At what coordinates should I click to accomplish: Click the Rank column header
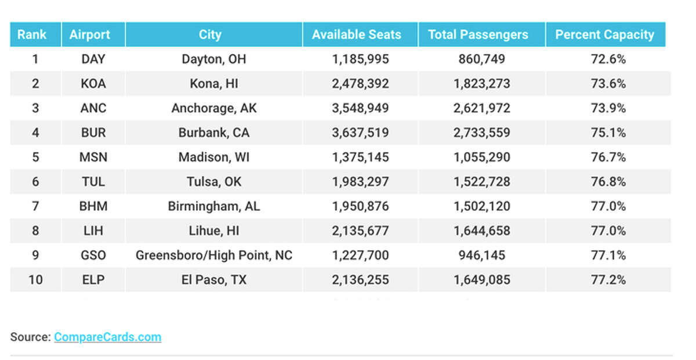[x=32, y=35]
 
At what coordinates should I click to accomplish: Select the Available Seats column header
[x=356, y=35]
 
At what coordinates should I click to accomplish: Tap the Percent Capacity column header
[x=604, y=35]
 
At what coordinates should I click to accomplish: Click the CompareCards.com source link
[x=107, y=337]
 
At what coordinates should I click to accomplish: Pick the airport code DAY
[x=93, y=59]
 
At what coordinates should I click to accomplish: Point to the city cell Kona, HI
[x=213, y=83]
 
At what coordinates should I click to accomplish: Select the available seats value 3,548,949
[x=360, y=108]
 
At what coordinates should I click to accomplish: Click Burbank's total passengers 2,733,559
[x=481, y=133]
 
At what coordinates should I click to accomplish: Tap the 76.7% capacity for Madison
[x=608, y=157]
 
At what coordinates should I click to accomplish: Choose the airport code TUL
[x=93, y=182]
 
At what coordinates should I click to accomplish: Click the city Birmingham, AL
[x=213, y=206]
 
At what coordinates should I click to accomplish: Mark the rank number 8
[x=35, y=231]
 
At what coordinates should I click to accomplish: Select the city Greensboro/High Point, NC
[x=213, y=255]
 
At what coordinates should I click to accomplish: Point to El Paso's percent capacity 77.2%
[x=608, y=280]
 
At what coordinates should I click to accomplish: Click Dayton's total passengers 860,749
[x=481, y=59]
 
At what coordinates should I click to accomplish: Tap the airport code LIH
[x=93, y=231]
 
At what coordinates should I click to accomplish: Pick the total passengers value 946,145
[x=481, y=255]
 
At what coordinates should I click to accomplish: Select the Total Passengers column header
[x=478, y=35]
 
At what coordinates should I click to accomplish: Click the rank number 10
[x=35, y=280]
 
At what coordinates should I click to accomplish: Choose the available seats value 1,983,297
[x=360, y=182]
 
